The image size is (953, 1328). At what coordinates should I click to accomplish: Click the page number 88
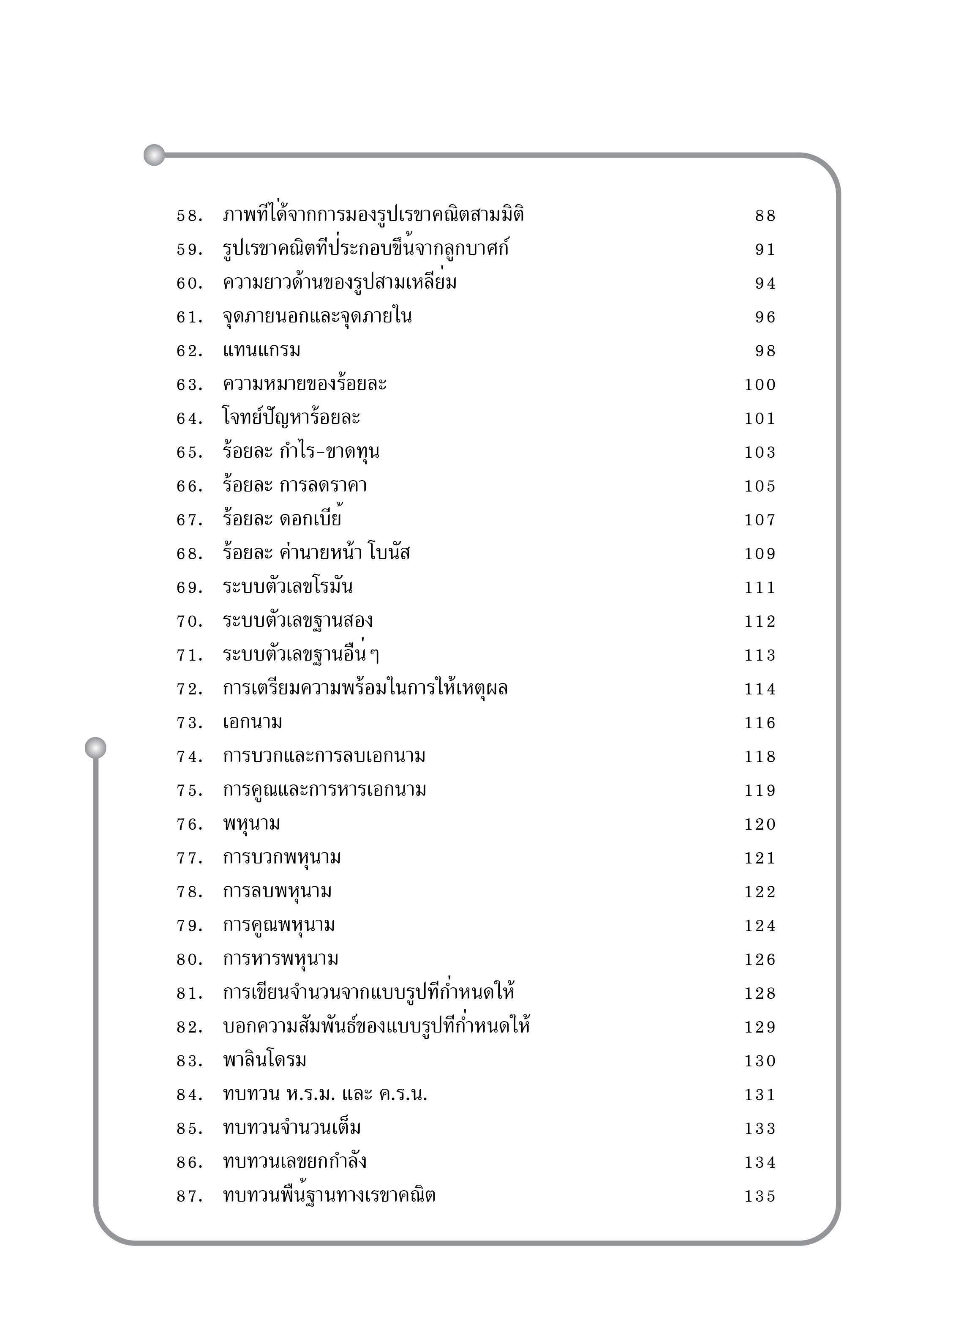[x=765, y=216]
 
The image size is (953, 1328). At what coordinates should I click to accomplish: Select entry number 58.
[x=189, y=216]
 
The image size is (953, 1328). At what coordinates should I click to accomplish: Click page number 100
[x=759, y=385]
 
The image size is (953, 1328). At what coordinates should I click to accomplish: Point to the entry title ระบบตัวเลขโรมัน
[x=287, y=587]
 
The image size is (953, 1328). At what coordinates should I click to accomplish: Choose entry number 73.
[x=189, y=723]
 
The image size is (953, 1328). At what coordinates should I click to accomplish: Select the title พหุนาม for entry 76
[x=251, y=824]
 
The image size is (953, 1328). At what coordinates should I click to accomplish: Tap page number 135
[x=759, y=1196]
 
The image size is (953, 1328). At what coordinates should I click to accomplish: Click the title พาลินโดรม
[x=264, y=1060]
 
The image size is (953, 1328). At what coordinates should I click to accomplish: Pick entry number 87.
[x=189, y=1196]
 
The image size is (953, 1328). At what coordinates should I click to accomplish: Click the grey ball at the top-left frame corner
[x=154, y=155]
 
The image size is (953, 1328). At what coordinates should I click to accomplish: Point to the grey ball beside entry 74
[x=95, y=748]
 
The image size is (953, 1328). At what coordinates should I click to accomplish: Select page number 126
[x=759, y=960]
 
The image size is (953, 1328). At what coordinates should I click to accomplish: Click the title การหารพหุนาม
[x=280, y=959]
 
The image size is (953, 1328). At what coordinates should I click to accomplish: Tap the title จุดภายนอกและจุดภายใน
[x=317, y=317]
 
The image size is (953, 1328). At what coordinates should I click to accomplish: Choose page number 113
[x=759, y=655]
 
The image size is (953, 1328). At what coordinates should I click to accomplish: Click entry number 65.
[x=189, y=453]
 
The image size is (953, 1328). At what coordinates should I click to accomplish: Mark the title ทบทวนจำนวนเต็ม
[x=291, y=1128]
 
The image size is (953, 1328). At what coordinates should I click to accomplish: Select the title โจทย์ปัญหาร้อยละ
[x=291, y=418]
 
